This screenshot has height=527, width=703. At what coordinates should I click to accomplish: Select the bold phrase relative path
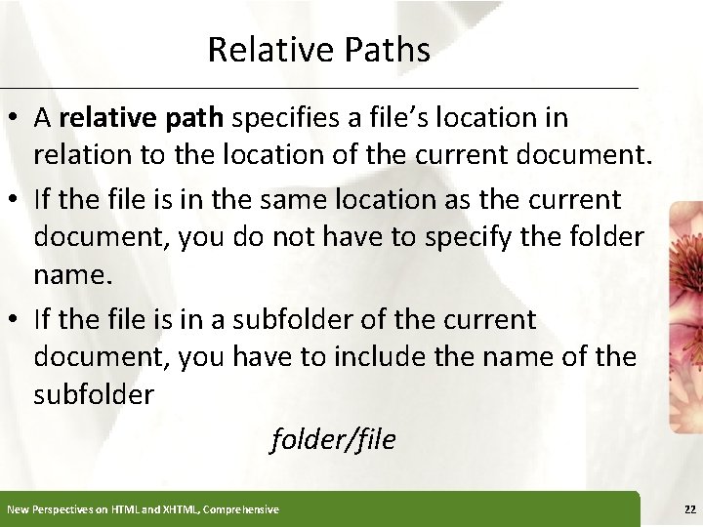[143, 118]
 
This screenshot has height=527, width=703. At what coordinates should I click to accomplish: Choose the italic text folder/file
[333, 439]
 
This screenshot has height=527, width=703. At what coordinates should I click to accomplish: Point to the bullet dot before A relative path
[18, 119]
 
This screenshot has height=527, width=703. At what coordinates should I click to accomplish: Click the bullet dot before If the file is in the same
[18, 201]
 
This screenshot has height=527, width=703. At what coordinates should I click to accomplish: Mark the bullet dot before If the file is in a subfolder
[18, 320]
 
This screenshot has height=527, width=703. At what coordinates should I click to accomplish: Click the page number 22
[690, 509]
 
